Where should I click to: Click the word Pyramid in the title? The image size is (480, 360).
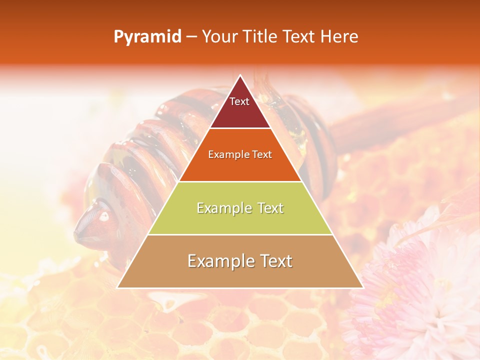(x=147, y=37)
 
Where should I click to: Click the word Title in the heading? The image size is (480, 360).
(x=259, y=37)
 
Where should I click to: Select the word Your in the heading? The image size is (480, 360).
(x=220, y=37)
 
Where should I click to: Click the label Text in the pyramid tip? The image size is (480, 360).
(x=239, y=101)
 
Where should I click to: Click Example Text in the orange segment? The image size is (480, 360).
(x=240, y=154)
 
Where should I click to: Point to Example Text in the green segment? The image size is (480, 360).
(x=240, y=208)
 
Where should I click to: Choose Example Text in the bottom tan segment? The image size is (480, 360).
(x=240, y=261)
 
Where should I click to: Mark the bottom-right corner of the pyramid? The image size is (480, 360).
(x=362, y=287)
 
